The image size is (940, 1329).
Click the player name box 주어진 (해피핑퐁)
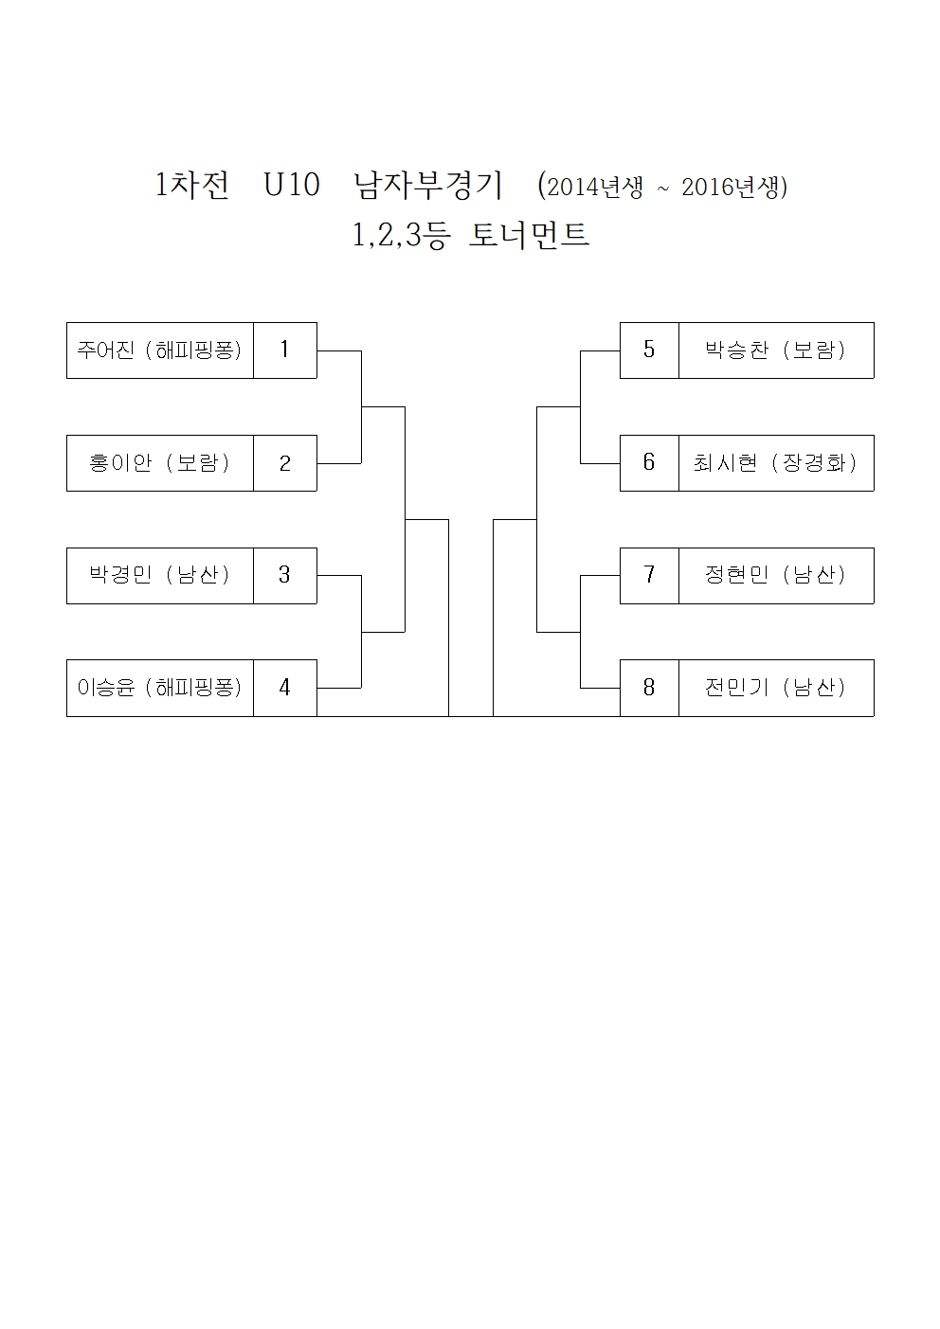click(160, 350)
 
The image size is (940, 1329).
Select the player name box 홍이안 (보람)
click(160, 463)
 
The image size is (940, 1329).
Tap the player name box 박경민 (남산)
click(160, 575)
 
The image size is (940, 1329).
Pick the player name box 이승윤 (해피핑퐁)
click(160, 688)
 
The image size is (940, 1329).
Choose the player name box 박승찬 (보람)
click(776, 350)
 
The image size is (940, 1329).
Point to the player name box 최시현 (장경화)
click(776, 463)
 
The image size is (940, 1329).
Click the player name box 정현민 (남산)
click(776, 575)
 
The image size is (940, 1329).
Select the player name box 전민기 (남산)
click(776, 688)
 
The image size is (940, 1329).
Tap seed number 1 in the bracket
click(284, 350)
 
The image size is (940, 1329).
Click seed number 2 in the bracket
click(284, 463)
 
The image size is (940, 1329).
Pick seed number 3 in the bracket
click(284, 575)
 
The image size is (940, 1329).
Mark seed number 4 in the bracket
click(284, 688)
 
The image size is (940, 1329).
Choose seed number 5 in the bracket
click(649, 350)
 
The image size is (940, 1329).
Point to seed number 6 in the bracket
click(649, 463)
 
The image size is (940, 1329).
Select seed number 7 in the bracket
click(649, 575)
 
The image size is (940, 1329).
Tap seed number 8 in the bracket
click(649, 688)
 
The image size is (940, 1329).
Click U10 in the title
click(293, 186)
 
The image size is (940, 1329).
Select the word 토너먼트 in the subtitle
click(530, 235)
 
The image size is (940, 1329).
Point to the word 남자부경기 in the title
click(428, 186)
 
